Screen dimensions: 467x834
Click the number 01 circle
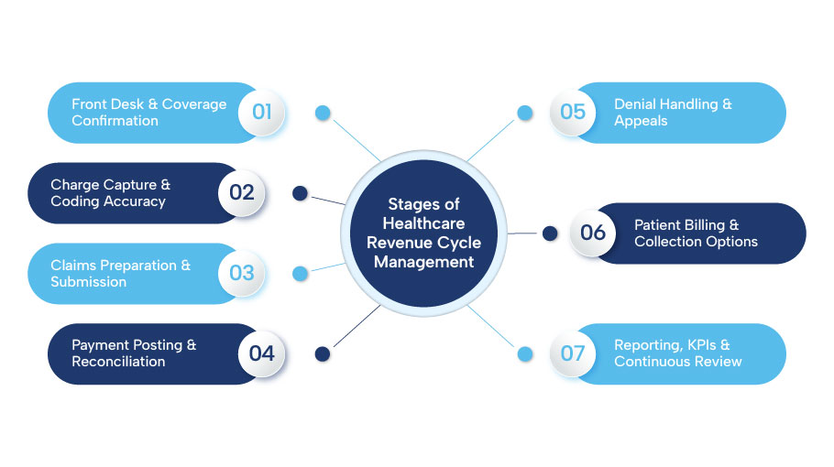(x=262, y=112)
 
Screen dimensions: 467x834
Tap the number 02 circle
(x=242, y=192)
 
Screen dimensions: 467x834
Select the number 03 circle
(x=242, y=273)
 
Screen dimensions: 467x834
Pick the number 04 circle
(x=262, y=353)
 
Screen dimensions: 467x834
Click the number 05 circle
(x=573, y=112)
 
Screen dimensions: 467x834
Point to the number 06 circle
(x=593, y=233)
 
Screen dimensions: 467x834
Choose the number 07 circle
(x=573, y=353)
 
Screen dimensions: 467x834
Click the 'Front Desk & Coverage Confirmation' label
(x=148, y=112)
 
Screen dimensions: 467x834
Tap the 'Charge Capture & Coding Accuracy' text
(x=110, y=192)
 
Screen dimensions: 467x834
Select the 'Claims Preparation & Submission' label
(x=120, y=273)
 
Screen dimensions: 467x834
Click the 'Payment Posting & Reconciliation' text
(x=134, y=353)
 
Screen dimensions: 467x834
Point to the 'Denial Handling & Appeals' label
(x=673, y=112)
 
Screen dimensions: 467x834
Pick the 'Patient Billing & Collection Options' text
(x=696, y=233)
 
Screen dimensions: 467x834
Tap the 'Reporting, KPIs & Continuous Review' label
(x=678, y=353)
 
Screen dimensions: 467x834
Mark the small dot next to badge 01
(x=323, y=113)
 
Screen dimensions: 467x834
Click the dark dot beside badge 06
(x=550, y=233)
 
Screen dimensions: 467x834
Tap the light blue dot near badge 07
(x=525, y=353)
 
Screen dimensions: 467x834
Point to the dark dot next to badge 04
(x=322, y=353)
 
